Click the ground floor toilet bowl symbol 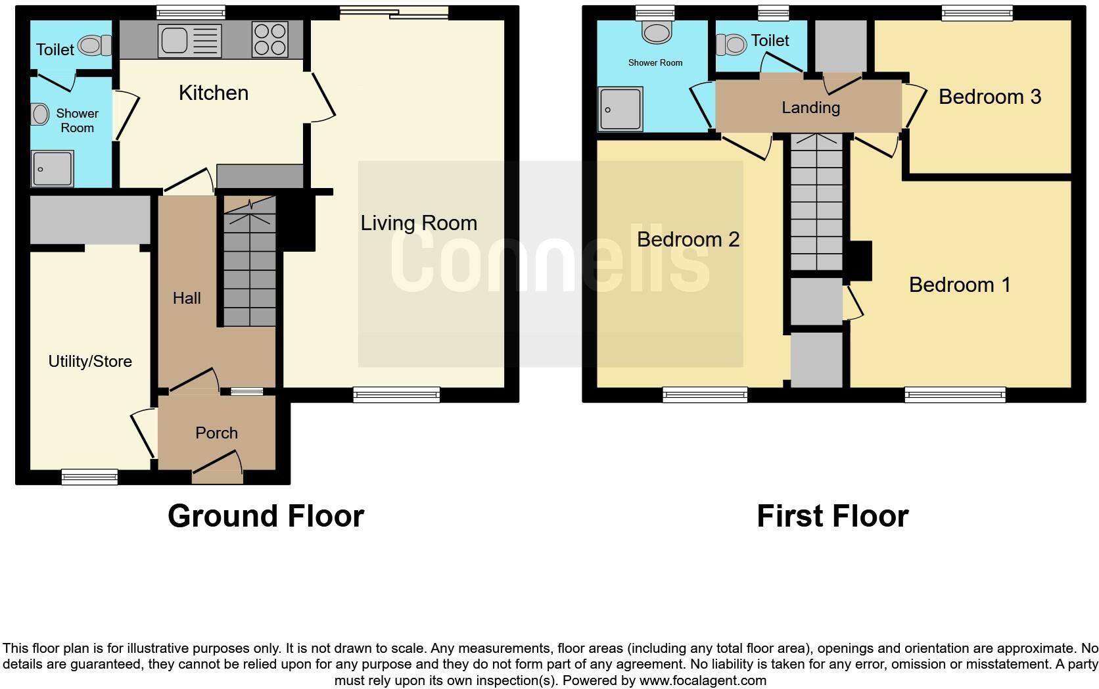pyautogui.click(x=94, y=46)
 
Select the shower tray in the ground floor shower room pyautogui.click(x=52, y=169)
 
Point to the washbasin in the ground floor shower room pyautogui.click(x=40, y=114)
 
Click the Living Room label pyautogui.click(x=419, y=224)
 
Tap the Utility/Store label pyautogui.click(x=90, y=361)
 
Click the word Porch pyautogui.click(x=216, y=433)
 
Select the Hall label pyautogui.click(x=187, y=298)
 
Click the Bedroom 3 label pyautogui.click(x=989, y=97)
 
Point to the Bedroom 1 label pyautogui.click(x=959, y=285)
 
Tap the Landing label pyautogui.click(x=810, y=108)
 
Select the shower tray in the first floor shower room pyautogui.click(x=620, y=109)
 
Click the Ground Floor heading pyautogui.click(x=266, y=516)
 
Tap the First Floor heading pyautogui.click(x=832, y=516)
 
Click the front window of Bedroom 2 pyautogui.click(x=705, y=394)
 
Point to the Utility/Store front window pyautogui.click(x=89, y=477)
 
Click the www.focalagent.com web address pyautogui.click(x=703, y=680)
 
